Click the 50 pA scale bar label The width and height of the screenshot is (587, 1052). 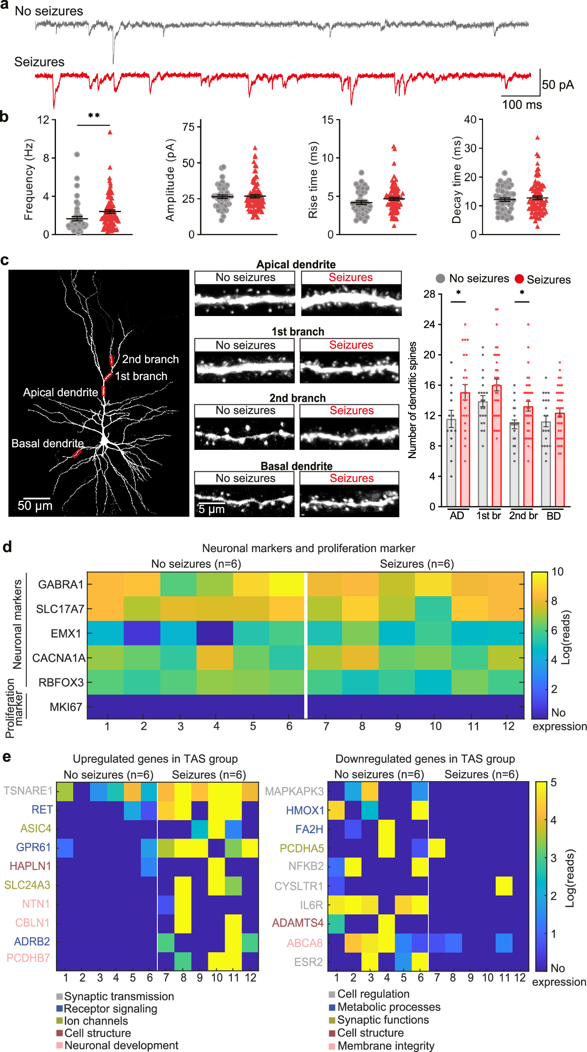(558, 85)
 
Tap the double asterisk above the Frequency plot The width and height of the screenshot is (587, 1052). (94, 116)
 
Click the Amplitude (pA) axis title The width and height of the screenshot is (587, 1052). (170, 180)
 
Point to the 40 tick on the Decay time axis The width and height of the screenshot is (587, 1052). (470, 120)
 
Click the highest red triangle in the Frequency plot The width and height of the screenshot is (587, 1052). (110, 132)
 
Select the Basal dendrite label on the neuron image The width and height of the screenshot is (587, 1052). (48, 444)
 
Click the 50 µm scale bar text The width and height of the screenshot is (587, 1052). (35, 506)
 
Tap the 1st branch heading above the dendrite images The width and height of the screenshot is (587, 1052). (297, 332)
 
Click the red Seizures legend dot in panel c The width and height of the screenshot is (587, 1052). (519, 279)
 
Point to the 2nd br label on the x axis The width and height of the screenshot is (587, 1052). (523, 516)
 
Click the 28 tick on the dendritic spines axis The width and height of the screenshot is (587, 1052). (429, 294)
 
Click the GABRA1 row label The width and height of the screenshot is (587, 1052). (61, 584)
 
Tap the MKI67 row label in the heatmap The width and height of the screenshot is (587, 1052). (66, 707)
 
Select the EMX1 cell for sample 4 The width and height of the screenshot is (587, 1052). (215, 633)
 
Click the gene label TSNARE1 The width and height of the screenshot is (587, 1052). (28, 791)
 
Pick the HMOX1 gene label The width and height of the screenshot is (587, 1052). (305, 810)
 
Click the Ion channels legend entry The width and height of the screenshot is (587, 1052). (96, 1021)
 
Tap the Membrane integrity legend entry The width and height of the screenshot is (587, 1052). (385, 1046)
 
